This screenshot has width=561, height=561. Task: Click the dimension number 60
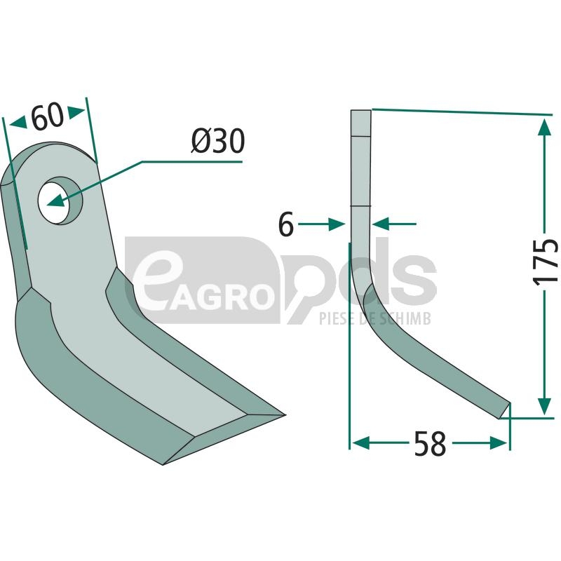pos(48,116)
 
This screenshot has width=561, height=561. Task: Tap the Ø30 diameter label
pos(218,141)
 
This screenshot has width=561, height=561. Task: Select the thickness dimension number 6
pos(286,224)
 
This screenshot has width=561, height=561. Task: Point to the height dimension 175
pos(546,262)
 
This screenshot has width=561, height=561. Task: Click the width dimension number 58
pos(431,444)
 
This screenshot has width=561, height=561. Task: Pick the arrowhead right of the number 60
pos(76,112)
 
